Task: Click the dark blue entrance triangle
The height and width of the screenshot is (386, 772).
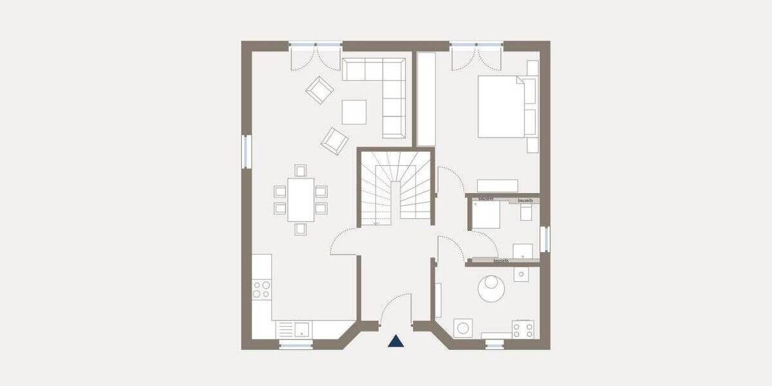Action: [x=396, y=342]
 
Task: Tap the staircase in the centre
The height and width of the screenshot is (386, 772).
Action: [x=396, y=188]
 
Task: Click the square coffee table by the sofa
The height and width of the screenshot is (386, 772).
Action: [x=354, y=111]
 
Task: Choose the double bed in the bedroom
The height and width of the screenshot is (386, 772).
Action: [x=502, y=106]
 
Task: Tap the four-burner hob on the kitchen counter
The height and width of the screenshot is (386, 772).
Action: [x=262, y=289]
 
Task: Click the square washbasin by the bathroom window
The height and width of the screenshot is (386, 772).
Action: [x=522, y=251]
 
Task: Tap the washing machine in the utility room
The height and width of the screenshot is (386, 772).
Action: [x=464, y=328]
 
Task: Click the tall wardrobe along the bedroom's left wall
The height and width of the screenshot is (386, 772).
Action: [x=427, y=100]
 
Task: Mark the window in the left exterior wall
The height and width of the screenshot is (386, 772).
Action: [x=247, y=152]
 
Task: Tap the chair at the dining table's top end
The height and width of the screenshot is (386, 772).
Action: [x=300, y=170]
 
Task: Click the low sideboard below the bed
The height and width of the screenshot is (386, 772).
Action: [x=497, y=185]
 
